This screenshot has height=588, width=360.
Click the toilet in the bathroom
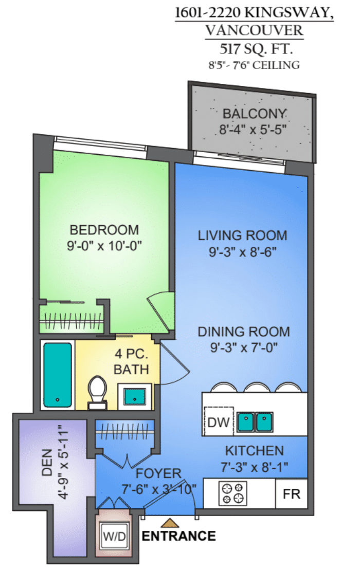pyautogui.click(x=97, y=392)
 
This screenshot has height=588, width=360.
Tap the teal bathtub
pyautogui.click(x=58, y=375)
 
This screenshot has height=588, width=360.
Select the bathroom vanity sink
pyautogui.click(x=135, y=396)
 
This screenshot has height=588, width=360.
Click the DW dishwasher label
pyautogui.click(x=218, y=422)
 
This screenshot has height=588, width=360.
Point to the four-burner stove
pyautogui.click(x=233, y=493)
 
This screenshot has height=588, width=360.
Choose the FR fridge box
pyautogui.click(x=292, y=494)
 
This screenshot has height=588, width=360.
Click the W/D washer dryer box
pyautogui.click(x=115, y=536)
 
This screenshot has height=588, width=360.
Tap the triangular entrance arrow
pyautogui.click(x=170, y=523)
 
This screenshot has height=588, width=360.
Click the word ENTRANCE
pyautogui.click(x=178, y=536)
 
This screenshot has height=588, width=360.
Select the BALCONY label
pyautogui.click(x=255, y=114)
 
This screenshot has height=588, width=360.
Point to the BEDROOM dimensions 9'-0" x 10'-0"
pyautogui.click(x=104, y=246)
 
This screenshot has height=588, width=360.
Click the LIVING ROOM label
pyautogui.click(x=243, y=235)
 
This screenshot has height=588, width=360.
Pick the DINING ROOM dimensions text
pyautogui.click(x=244, y=347)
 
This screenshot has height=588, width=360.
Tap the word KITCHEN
pyautogui.click(x=254, y=451)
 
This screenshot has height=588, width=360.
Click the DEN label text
pyautogui.click(x=47, y=463)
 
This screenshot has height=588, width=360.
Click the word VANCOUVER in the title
pyautogui.click(x=254, y=30)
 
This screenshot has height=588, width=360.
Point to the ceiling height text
pyautogui.click(x=254, y=65)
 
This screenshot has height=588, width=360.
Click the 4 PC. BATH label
pyautogui.click(x=131, y=361)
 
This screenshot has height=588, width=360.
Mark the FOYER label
pyautogui.click(x=158, y=473)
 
